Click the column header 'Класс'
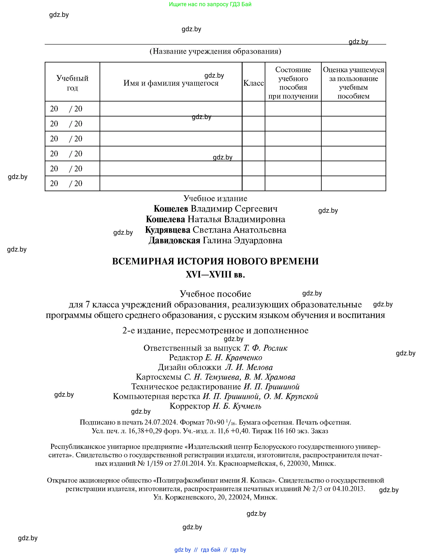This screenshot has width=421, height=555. [x=253, y=83]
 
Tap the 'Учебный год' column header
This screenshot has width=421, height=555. [x=72, y=83]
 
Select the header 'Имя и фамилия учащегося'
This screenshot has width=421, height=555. [x=171, y=83]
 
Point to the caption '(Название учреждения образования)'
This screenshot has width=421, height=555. [x=215, y=51]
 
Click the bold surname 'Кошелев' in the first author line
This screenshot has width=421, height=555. [x=171, y=209]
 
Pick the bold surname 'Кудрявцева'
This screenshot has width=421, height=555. [x=167, y=230]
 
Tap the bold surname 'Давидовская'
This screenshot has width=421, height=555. [x=174, y=240]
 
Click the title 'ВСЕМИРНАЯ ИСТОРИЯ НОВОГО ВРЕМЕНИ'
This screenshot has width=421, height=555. [x=215, y=261]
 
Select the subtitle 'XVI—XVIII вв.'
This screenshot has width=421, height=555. [x=215, y=275]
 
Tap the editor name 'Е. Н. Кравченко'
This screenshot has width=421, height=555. [x=233, y=357]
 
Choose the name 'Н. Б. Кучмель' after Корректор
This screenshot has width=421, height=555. [x=237, y=406]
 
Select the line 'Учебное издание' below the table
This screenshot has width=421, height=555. [x=215, y=198]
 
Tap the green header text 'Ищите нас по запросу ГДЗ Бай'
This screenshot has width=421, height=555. [x=210, y=4]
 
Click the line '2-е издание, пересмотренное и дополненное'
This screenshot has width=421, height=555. [x=215, y=330]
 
